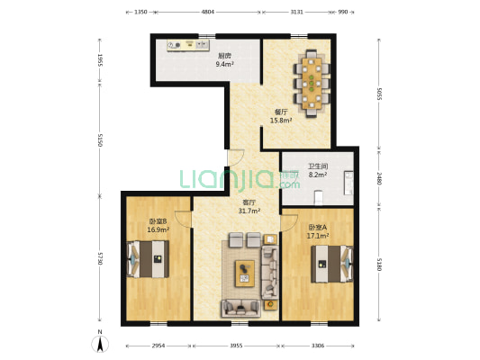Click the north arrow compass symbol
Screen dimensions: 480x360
[x=100, y=343]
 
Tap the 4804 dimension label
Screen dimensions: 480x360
[x=208, y=12]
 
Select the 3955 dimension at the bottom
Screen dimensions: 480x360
[x=236, y=346]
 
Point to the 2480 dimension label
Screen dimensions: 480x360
[x=379, y=178]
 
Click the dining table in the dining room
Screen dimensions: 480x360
[x=312, y=83]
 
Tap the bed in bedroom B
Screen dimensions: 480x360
[x=148, y=259]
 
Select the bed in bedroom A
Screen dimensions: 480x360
[x=332, y=264]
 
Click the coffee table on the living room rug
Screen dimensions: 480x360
[x=245, y=274]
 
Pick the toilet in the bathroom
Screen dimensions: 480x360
[x=319, y=198]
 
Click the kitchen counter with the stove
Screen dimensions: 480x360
[x=188, y=45]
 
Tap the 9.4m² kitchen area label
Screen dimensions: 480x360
[x=225, y=64]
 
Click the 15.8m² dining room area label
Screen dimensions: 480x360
[x=281, y=121]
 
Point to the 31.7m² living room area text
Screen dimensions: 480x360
[x=249, y=211]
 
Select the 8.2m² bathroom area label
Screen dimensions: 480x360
[x=318, y=175]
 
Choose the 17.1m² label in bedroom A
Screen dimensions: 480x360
[x=318, y=236]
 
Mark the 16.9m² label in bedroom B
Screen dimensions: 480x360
[x=158, y=229]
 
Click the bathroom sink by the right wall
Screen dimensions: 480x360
[x=349, y=183]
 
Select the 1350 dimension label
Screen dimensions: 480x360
[x=140, y=12]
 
